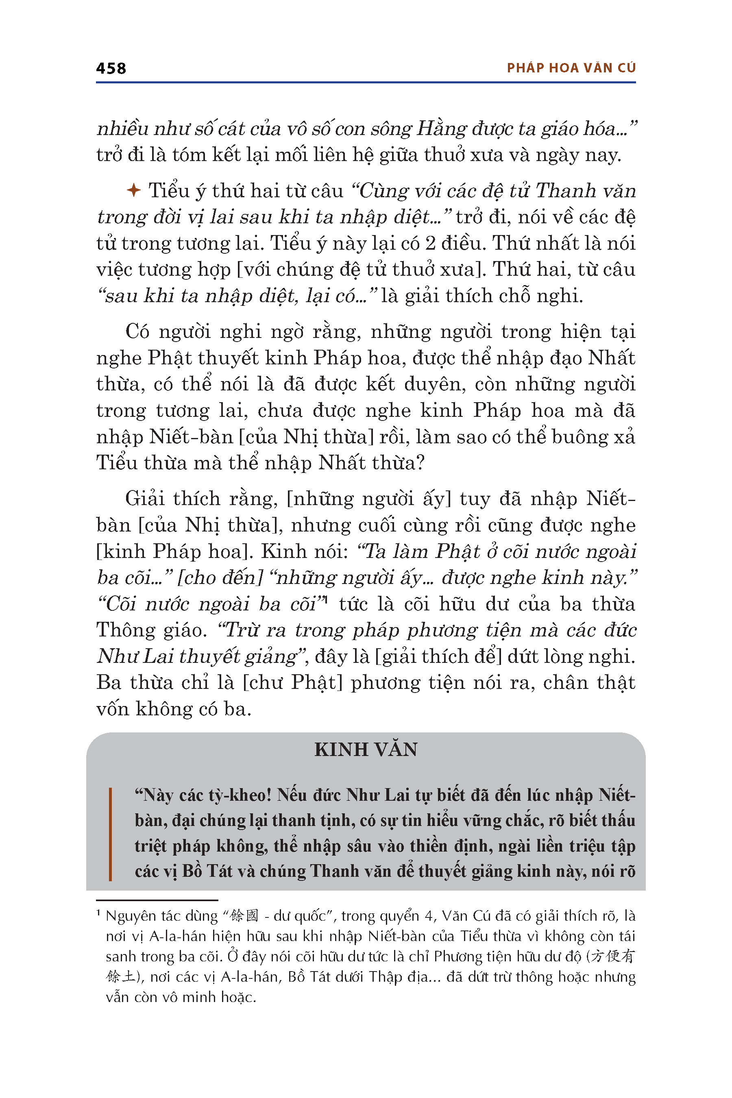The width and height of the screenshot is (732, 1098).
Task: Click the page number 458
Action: tap(111, 69)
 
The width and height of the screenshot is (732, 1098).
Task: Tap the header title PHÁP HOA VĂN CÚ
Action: tap(571, 68)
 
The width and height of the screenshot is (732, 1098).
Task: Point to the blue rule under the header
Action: tap(366, 83)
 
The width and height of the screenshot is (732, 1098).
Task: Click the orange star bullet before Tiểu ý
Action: tap(133, 190)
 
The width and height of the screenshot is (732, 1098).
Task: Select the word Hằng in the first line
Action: tap(441, 129)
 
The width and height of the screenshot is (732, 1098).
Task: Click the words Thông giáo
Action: tap(151, 631)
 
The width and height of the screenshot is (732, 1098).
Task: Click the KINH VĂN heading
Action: tap(366, 749)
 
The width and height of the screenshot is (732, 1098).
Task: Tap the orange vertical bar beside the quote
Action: tap(110, 834)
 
